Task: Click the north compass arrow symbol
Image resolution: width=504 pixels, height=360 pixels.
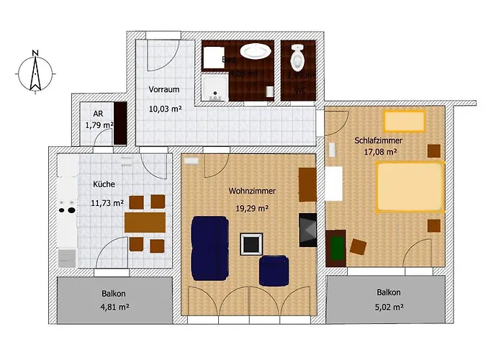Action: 34,71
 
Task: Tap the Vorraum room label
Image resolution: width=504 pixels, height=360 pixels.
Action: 164,89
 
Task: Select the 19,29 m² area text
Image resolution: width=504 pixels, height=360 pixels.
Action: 252,209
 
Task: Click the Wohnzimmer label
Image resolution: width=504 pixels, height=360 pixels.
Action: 252,192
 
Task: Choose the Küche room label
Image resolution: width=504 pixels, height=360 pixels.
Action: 104,184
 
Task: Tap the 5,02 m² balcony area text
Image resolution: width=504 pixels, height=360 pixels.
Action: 388,306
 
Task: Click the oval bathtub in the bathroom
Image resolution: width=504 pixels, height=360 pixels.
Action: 255,52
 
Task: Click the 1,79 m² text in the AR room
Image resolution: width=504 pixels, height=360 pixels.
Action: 99,125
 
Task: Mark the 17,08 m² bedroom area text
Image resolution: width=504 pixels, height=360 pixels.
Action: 381,152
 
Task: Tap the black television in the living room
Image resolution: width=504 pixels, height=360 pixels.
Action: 307,230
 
